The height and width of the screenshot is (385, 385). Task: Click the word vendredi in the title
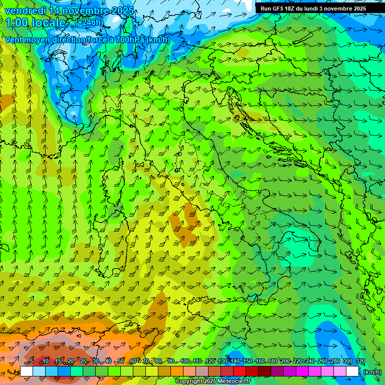click(x=25, y=11)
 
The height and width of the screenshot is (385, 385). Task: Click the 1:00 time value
click(x=17, y=23)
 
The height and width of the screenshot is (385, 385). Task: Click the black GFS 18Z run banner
click(x=313, y=8)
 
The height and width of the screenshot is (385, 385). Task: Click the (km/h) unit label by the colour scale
click(x=371, y=371)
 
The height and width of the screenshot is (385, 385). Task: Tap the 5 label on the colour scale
click(x=32, y=361)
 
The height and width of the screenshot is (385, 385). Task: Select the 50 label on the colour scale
click(x=121, y=361)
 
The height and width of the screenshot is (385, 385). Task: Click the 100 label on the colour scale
click(x=185, y=361)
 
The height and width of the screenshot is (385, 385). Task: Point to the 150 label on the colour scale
click(x=248, y=361)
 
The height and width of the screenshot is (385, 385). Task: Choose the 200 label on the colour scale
click(x=285, y=361)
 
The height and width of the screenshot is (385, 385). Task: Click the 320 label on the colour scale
click(x=360, y=361)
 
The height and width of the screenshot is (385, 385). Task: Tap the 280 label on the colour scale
click(x=335, y=361)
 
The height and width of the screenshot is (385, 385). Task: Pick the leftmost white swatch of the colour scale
click(x=27, y=371)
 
